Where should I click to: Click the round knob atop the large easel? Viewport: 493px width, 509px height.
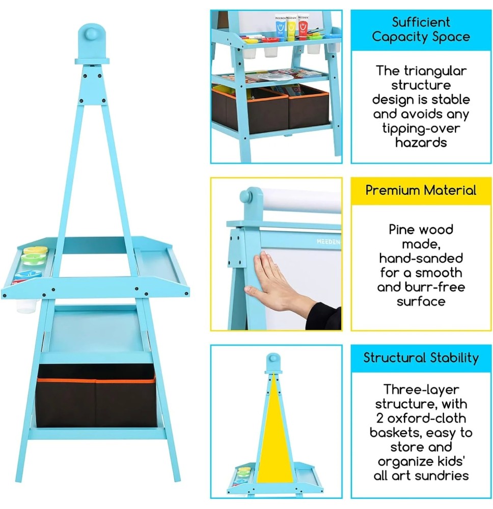tap(92, 36)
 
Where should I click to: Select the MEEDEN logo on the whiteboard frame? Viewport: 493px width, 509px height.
tap(329, 241)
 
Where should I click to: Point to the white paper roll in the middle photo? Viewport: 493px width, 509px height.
tap(300, 201)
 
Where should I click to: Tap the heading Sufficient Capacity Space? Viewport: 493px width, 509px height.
tap(421, 30)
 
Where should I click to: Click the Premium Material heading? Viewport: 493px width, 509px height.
tap(421, 190)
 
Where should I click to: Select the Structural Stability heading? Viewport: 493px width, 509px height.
tap(421, 358)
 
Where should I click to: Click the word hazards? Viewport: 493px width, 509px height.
tap(421, 143)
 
